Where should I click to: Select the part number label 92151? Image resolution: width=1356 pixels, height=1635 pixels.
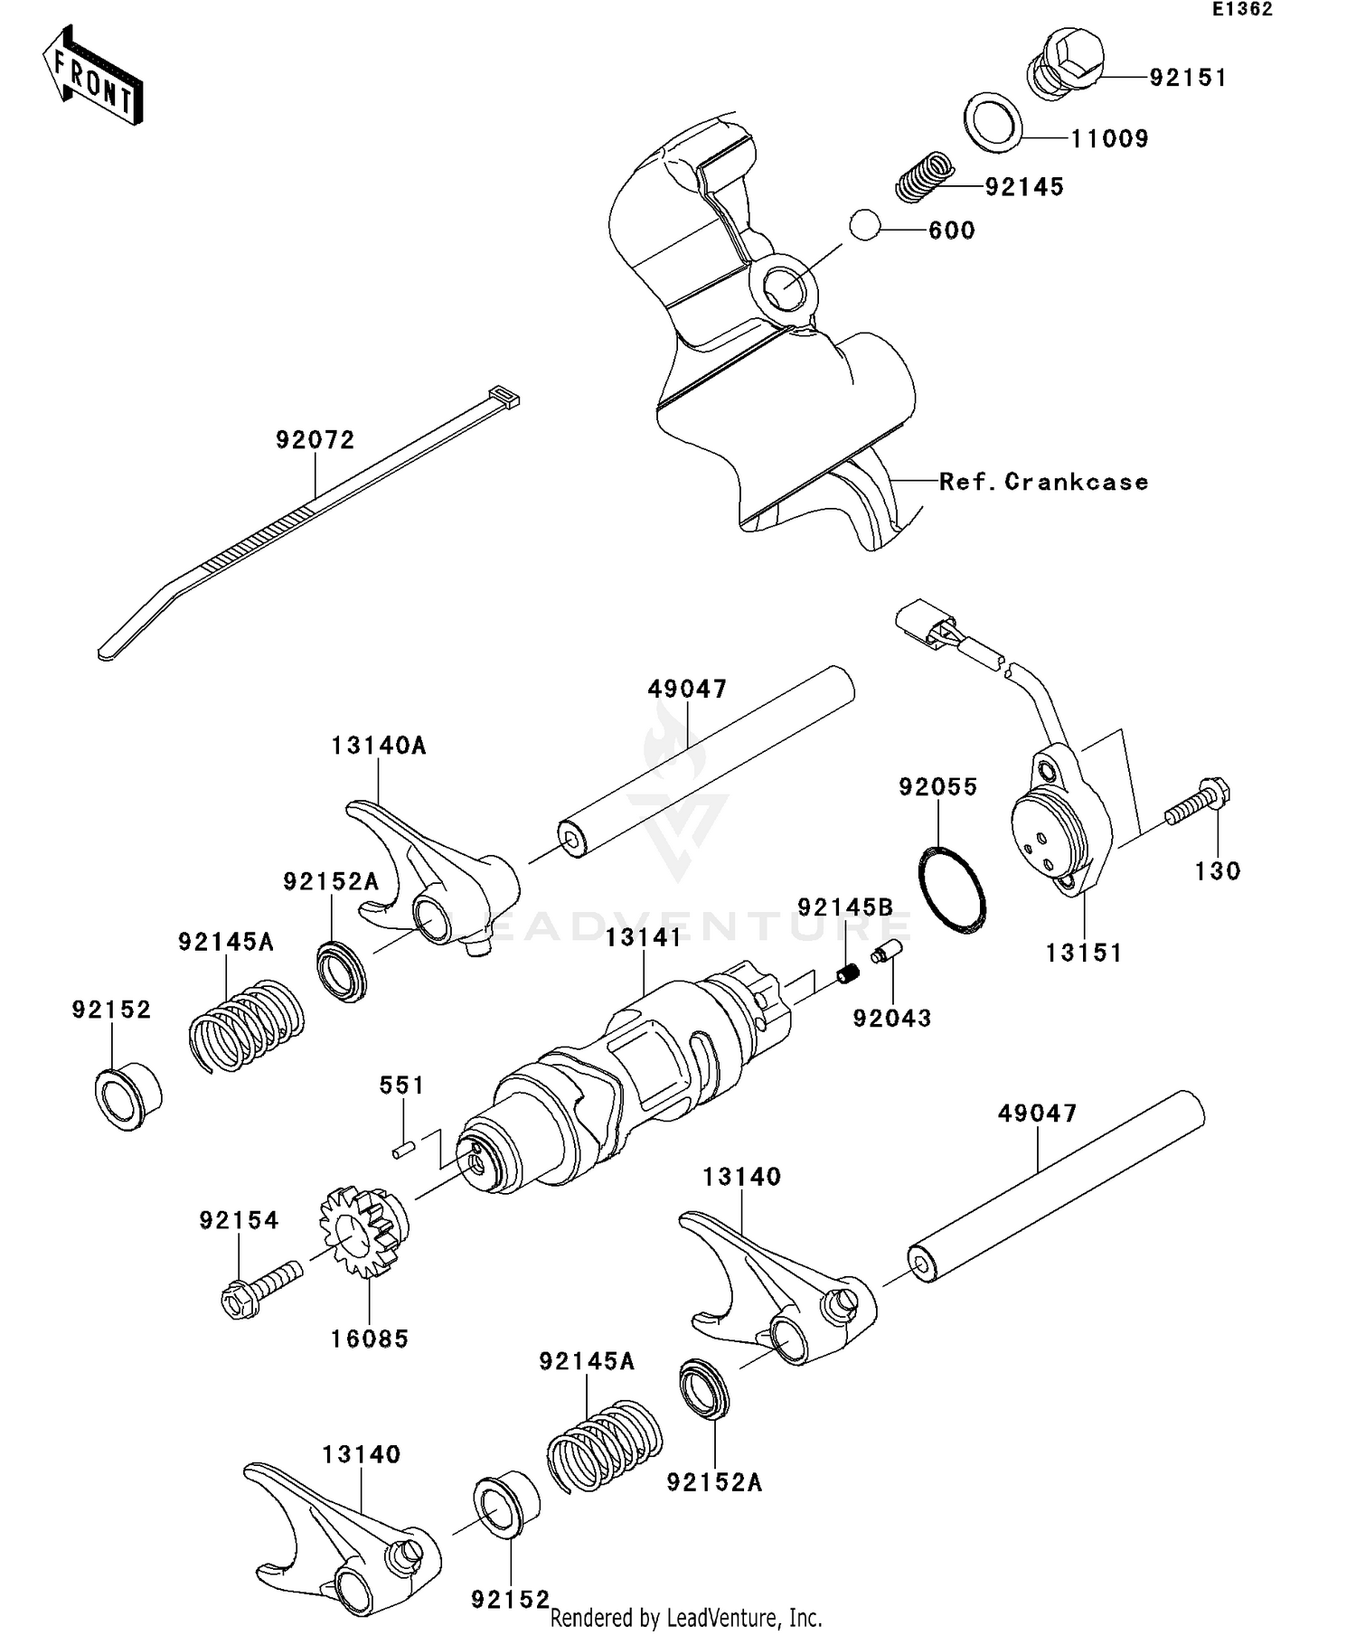[1187, 79]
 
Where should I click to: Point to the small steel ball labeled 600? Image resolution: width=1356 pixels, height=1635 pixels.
[866, 224]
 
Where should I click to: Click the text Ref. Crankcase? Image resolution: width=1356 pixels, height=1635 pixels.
[1043, 482]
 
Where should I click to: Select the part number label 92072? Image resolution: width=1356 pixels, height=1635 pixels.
[315, 440]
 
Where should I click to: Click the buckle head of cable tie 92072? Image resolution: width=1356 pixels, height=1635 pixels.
[504, 397]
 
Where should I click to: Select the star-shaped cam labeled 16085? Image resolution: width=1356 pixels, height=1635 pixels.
[363, 1230]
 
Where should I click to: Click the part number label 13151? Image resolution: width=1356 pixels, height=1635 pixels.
[1083, 953]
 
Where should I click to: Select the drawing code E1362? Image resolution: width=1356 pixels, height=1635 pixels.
[1242, 10]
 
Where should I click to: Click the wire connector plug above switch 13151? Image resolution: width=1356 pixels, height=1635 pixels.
[923, 625]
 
